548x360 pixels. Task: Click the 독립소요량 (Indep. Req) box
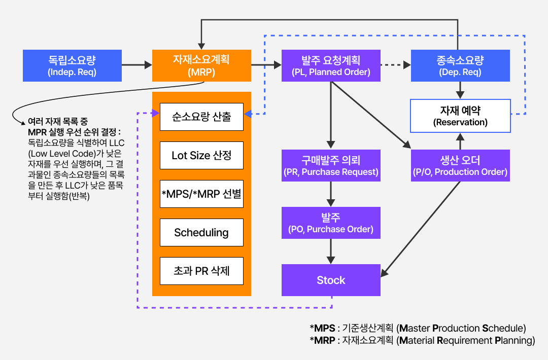click(72, 65)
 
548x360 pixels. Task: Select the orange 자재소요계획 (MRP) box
click(201, 65)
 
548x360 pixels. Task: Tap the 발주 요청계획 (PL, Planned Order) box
click(331, 65)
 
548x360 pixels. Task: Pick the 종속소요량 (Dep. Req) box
click(460, 65)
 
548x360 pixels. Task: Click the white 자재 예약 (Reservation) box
click(460, 116)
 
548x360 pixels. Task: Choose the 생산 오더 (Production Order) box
click(460, 165)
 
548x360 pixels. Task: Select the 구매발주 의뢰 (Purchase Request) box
click(331, 165)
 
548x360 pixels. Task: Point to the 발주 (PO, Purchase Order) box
click(331, 223)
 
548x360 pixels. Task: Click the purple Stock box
click(331, 280)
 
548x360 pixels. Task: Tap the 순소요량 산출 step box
click(201, 117)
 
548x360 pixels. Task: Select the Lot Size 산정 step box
click(201, 155)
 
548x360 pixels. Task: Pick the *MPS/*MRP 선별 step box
click(201, 194)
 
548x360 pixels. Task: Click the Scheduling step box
click(201, 232)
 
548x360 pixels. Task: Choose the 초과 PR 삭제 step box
click(201, 271)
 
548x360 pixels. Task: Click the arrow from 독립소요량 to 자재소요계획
click(137, 65)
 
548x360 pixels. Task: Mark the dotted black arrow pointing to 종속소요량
click(396, 65)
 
